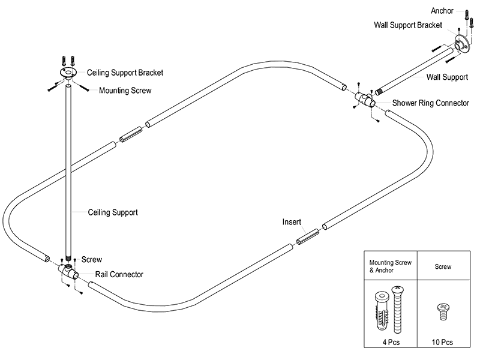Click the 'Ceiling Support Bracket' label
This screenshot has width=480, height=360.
tap(125, 73)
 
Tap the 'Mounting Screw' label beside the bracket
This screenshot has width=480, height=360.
tap(125, 91)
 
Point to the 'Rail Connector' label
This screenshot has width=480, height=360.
tap(119, 274)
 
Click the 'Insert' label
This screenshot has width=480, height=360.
tap(292, 222)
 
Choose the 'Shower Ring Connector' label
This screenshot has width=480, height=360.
tap(430, 103)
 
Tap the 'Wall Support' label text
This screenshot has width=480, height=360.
tap(447, 77)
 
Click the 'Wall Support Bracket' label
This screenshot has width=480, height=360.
tap(408, 25)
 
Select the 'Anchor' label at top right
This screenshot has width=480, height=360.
tap(443, 11)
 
